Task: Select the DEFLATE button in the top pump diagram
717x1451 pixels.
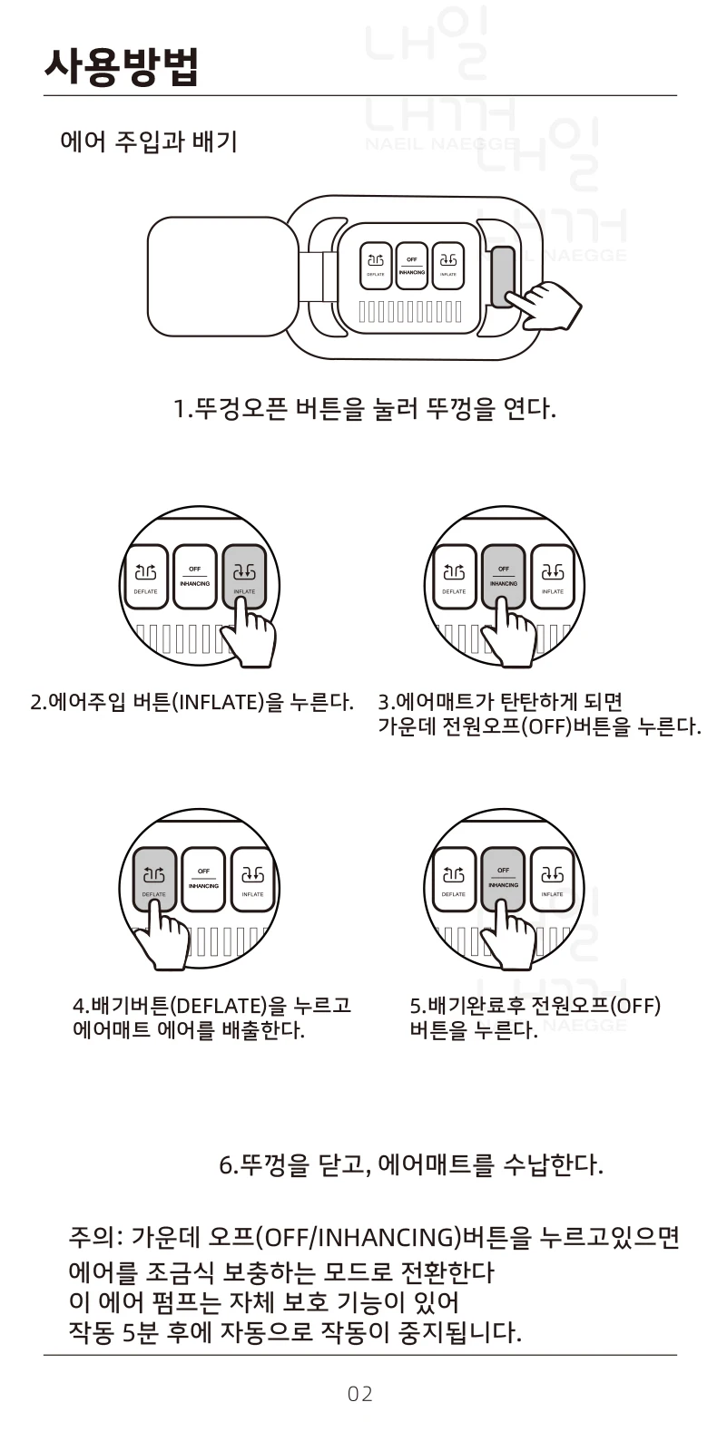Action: (376, 263)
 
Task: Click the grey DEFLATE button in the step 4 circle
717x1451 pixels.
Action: (154, 877)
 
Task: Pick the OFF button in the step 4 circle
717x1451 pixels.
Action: (203, 877)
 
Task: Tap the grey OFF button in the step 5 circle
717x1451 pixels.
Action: (503, 877)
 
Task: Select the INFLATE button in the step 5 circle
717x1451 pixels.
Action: (552, 877)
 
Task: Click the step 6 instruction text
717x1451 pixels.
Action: (411, 1164)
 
